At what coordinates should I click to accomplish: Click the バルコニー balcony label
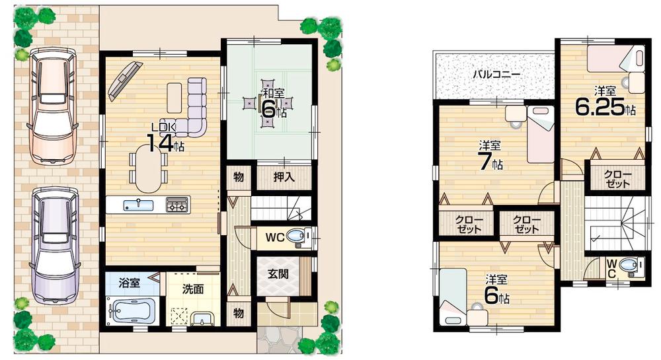pyautogui.click(x=496, y=74)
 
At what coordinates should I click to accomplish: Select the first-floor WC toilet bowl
pyautogui.click(x=298, y=236)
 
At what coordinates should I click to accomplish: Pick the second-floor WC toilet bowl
pyautogui.click(x=630, y=266)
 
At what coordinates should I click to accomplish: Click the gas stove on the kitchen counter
pyautogui.click(x=177, y=205)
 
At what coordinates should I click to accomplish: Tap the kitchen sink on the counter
pyautogui.click(x=137, y=205)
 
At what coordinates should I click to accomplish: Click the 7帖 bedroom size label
pyautogui.click(x=490, y=159)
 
